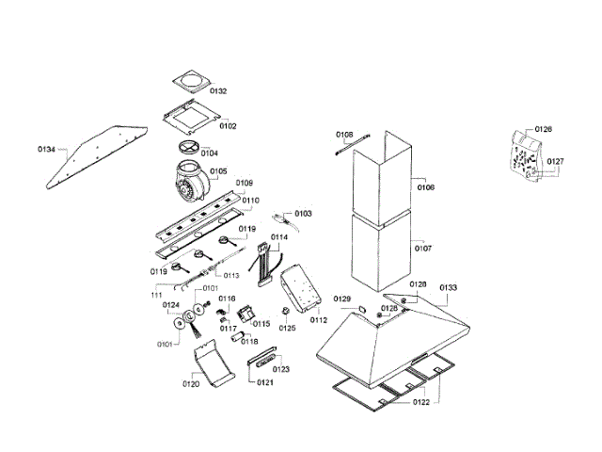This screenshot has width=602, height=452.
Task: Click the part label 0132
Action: [218, 91]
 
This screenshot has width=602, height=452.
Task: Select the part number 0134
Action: [47, 149]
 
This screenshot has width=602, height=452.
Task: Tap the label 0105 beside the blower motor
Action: [218, 171]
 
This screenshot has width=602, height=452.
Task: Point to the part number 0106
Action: [425, 187]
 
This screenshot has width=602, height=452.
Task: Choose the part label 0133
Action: [449, 287]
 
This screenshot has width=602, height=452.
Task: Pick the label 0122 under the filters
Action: [420, 402]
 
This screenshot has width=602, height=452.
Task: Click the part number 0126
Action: [544, 129]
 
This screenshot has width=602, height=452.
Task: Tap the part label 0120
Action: [191, 384]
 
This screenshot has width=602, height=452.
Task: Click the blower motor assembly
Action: [192, 181]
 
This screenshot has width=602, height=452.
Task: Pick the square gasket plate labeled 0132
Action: [191, 79]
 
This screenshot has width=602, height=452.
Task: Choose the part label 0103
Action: [303, 215]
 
